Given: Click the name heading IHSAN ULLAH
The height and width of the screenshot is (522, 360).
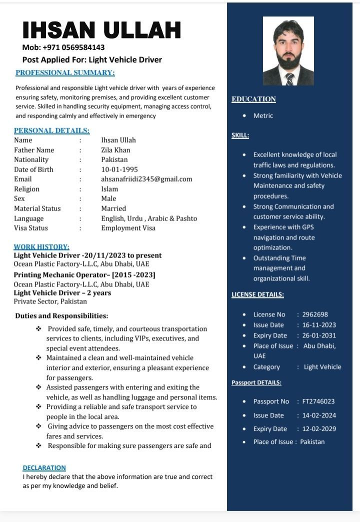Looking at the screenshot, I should (x=101, y=30).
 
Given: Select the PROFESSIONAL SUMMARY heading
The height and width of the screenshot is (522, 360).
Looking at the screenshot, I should (x=65, y=72).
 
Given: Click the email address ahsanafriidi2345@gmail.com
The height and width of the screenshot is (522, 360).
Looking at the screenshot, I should (x=146, y=179).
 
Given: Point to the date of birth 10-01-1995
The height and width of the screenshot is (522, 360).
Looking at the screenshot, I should (x=119, y=169).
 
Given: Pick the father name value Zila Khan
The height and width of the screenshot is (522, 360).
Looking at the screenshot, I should (x=115, y=150).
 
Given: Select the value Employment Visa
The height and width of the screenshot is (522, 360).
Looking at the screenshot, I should (x=128, y=228).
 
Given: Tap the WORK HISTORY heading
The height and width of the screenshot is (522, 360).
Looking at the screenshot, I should (x=41, y=246).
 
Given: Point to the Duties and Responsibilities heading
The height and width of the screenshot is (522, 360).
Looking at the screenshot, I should (x=61, y=316).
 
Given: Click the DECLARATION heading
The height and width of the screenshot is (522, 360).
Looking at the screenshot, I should (x=44, y=467).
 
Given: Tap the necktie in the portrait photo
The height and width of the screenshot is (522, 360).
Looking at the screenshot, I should (x=289, y=78).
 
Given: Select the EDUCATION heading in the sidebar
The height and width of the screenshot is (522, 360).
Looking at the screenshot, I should (x=253, y=99).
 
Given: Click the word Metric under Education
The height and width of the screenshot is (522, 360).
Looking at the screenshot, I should (x=263, y=115).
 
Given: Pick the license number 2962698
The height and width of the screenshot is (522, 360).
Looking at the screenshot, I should (x=315, y=314).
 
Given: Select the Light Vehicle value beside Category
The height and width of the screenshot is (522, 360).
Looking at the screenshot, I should (x=322, y=367).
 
